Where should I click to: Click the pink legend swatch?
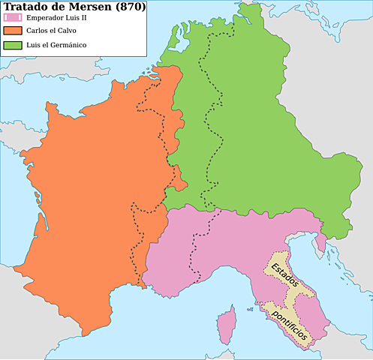click(x=12, y=18)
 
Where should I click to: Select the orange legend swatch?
click(x=12, y=31)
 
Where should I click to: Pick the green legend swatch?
click(x=12, y=46)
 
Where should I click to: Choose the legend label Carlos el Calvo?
click(x=53, y=31)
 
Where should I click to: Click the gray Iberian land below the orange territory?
click(x=30, y=330)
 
